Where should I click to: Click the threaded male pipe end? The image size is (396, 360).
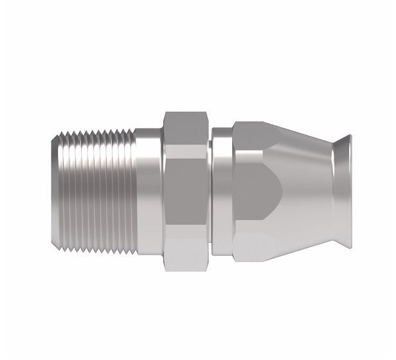(x=93, y=192)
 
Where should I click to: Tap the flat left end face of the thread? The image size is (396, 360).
(x=53, y=192)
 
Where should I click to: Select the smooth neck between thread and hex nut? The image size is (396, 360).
(x=148, y=192)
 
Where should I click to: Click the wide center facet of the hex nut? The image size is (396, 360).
(x=186, y=192)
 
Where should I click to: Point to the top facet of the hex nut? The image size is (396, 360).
(x=186, y=129)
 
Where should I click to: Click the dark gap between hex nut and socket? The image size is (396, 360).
(x=211, y=192)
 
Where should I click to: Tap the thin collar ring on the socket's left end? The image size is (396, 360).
(x=222, y=192)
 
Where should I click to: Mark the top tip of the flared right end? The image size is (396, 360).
(x=349, y=136)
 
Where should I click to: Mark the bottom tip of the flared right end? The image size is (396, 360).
(x=349, y=248)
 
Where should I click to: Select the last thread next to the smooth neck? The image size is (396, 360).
(x=132, y=192)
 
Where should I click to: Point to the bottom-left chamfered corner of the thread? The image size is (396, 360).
(x=54, y=244)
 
